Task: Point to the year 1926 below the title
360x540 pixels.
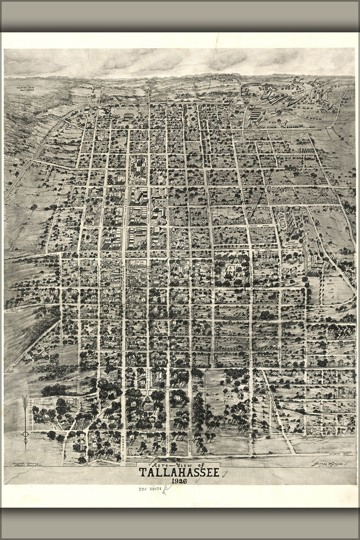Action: [x=179, y=481]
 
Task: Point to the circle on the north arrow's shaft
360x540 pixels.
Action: [x=24, y=434]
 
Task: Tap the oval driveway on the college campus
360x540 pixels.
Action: [x=281, y=221]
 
